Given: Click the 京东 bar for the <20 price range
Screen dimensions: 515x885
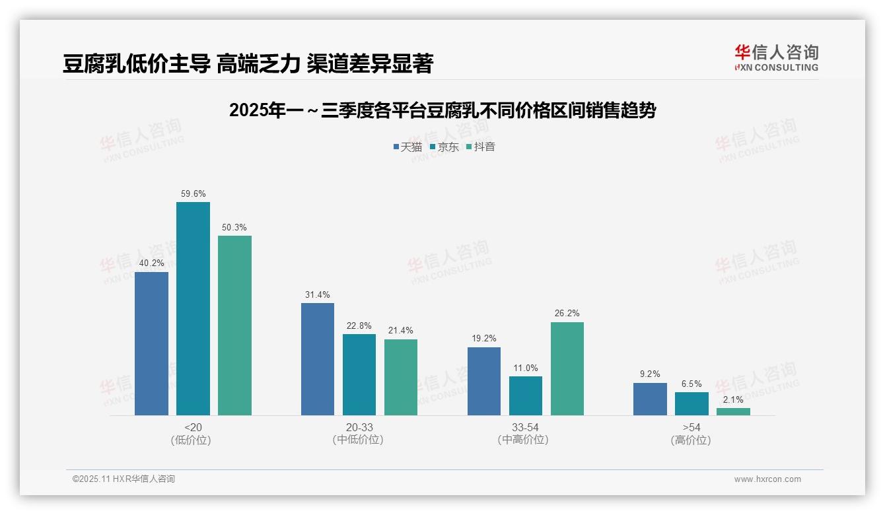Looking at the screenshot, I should click(193, 308).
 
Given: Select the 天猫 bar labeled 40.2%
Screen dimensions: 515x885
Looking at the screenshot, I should click(151, 343).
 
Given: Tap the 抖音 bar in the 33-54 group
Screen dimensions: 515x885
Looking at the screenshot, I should click(567, 368).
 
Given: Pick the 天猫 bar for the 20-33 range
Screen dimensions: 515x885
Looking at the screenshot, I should click(318, 359).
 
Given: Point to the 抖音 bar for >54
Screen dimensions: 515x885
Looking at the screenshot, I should click(733, 411).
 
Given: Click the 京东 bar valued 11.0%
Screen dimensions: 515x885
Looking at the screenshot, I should click(526, 395).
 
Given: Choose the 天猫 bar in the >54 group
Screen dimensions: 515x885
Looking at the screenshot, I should click(650, 399).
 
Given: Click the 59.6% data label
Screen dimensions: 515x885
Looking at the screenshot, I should click(193, 194).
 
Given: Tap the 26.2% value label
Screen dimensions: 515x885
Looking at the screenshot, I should click(567, 314).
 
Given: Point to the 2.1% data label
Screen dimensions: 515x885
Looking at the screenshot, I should click(733, 399).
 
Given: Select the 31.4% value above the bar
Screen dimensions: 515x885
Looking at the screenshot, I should click(318, 295).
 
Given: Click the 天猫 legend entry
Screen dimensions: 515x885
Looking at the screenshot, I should click(407, 147).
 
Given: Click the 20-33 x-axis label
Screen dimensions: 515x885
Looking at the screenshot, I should click(359, 428).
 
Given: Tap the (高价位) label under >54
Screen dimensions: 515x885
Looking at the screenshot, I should click(691, 440).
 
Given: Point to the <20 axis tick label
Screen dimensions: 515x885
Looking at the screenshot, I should click(193, 428).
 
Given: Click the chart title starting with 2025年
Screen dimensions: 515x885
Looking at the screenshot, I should click(442, 110).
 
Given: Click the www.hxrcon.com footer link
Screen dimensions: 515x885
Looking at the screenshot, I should click(767, 479).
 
